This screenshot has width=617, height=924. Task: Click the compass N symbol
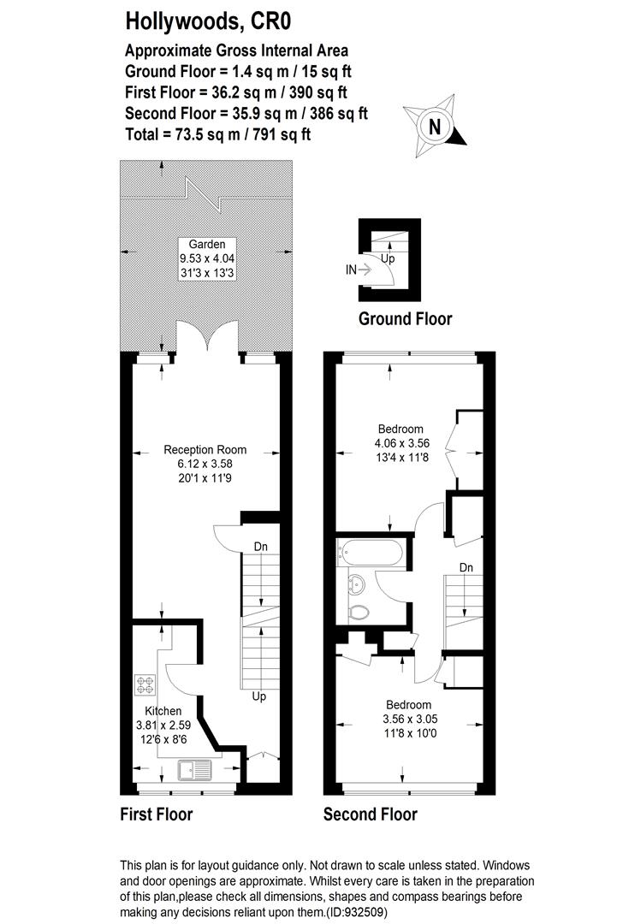point(435,127)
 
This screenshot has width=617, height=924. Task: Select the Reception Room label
point(205,450)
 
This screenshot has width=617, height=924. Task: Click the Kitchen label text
point(163,711)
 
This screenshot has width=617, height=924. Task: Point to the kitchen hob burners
point(145,684)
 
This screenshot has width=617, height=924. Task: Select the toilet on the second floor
point(360,613)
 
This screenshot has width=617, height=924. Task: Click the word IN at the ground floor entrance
point(350,269)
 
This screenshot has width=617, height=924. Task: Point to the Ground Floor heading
point(405,319)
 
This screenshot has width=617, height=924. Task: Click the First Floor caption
point(156,814)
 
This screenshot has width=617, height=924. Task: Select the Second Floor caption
point(370,814)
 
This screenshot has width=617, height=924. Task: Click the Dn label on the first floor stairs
point(261,547)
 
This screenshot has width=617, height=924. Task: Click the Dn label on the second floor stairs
point(466,567)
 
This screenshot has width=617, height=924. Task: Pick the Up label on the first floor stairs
point(259,696)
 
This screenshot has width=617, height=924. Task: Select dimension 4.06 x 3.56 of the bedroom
point(401,443)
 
